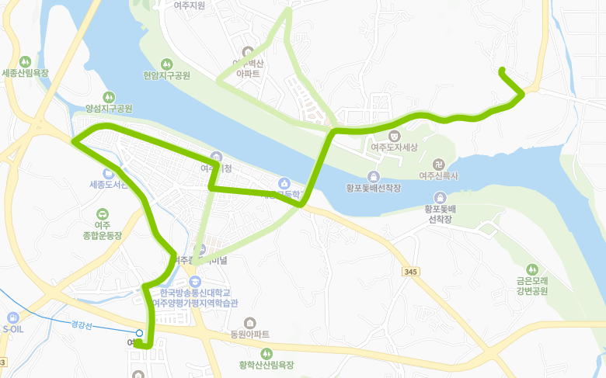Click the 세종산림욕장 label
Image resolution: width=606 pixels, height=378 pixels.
[26, 74]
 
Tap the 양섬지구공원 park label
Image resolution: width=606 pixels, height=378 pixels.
[109, 109]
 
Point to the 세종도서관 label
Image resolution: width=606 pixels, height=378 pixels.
[106, 185]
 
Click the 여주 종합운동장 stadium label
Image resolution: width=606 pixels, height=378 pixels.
[103, 230]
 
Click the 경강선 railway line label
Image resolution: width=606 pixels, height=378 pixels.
[81, 325]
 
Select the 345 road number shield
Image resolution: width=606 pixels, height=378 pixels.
[410, 272]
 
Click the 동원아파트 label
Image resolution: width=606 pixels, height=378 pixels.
[249, 335]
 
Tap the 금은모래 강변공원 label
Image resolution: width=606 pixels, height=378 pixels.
[532, 286]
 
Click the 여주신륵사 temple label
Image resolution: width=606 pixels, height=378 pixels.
[439, 176]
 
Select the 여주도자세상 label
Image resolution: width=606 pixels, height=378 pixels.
[394, 147]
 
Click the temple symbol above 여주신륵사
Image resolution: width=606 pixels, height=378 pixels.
[439, 165]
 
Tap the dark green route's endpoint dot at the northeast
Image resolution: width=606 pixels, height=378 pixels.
[502, 71]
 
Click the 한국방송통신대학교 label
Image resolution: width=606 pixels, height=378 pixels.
[195, 293]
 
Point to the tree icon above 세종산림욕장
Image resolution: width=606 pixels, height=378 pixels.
[26, 61]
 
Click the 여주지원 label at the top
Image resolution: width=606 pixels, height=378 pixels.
[190, 5]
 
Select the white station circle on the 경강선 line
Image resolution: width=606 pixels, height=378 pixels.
[139, 333]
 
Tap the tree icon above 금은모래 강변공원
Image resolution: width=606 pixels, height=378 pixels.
[532, 269]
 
